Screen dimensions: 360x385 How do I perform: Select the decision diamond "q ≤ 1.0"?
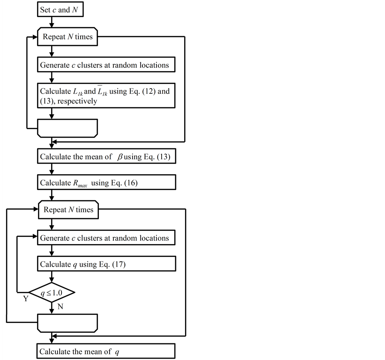tap(52, 292)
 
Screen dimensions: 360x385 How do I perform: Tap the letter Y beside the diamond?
tap(26, 299)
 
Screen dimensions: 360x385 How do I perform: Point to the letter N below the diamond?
tap(60, 306)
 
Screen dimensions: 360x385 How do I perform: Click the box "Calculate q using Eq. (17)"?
tap(107, 264)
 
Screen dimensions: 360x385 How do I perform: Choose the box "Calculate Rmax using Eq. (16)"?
tap(107, 183)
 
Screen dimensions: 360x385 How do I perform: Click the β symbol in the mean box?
tap(120, 157)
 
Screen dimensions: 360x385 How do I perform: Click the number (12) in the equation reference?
tap(147, 91)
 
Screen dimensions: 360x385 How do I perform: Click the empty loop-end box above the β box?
tap(68, 128)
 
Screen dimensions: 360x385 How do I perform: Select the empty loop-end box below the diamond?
tap(68, 323)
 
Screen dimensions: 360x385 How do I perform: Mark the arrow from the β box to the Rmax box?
tap(52, 169)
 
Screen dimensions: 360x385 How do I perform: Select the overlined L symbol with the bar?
tap(103, 91)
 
